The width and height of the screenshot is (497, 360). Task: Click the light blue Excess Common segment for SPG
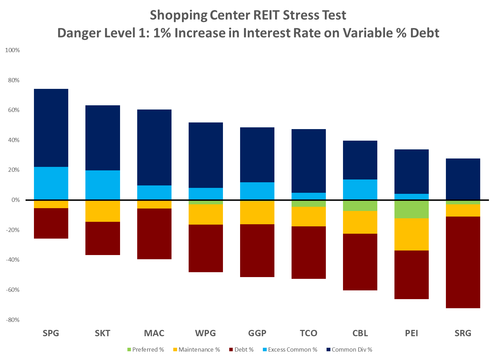51,183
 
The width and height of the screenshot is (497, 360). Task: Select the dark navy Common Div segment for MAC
154,147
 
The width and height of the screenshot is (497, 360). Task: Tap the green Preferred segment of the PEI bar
412,209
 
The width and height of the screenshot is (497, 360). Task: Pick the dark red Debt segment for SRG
463,262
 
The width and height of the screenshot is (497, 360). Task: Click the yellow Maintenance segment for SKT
103,211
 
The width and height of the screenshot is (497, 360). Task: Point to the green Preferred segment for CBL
360,206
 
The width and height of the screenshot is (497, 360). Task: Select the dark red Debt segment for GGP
257,250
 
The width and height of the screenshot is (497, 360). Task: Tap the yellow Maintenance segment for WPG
206,214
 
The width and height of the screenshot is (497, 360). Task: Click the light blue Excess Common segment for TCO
309,196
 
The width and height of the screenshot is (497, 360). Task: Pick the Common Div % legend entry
351,350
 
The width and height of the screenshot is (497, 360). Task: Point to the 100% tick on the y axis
13,50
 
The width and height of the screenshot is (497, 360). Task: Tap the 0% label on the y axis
15,200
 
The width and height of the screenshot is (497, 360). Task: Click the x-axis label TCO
309,333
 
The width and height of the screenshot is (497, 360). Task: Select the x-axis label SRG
463,333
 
